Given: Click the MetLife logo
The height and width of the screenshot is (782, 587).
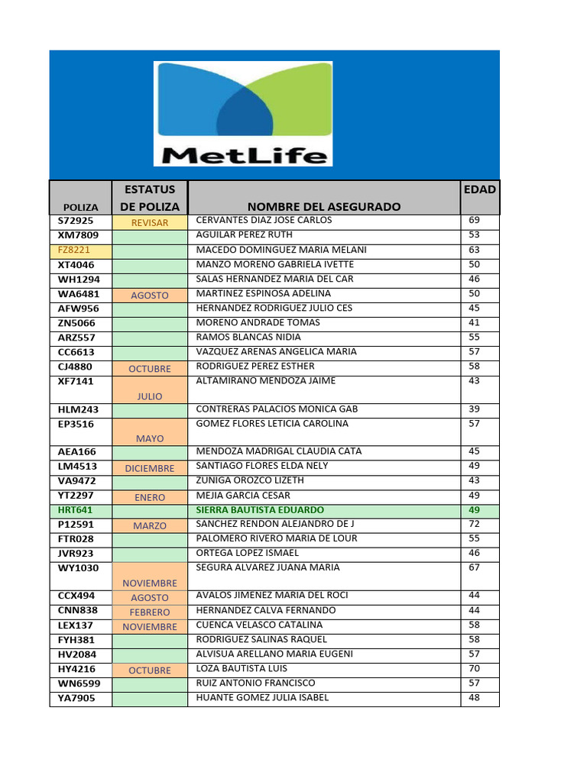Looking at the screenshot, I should (243, 114).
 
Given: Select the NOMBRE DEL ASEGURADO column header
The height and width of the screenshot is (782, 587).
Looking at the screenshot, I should (324, 206).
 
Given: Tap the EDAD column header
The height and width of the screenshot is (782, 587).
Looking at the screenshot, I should (479, 189).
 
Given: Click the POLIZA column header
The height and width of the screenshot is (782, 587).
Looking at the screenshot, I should (80, 207).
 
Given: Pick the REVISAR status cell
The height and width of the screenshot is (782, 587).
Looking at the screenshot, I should (150, 223).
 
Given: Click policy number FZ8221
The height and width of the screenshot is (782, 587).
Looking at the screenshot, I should (73, 250).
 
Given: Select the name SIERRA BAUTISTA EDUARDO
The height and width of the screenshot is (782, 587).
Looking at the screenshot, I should (260, 510).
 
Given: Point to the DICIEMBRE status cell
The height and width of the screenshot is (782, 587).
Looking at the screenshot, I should (150, 468).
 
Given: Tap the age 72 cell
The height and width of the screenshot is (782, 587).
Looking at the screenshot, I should (474, 524).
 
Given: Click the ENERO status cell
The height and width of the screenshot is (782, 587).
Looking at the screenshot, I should (150, 497).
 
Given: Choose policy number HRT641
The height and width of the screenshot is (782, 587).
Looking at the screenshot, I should (75, 510).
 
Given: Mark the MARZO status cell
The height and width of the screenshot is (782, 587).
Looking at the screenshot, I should (150, 526).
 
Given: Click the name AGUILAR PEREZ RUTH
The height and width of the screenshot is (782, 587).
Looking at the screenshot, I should (245, 235).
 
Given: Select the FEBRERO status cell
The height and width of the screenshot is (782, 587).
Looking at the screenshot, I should (150, 612).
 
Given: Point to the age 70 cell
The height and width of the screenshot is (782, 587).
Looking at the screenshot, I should (474, 668).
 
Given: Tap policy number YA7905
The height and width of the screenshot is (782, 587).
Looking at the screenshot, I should (77, 698).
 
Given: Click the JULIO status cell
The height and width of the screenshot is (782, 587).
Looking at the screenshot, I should (150, 397).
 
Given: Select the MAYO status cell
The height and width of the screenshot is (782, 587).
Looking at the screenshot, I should (150, 439).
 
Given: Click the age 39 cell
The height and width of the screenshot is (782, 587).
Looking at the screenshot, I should (474, 409).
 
